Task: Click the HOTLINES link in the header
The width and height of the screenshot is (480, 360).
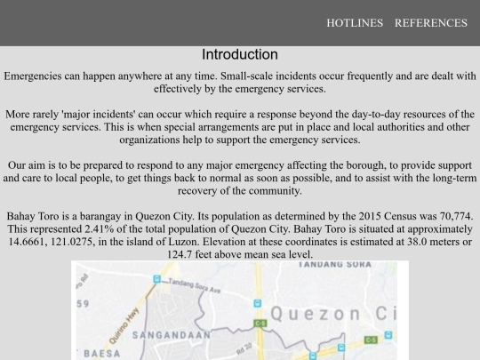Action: click(x=355, y=23)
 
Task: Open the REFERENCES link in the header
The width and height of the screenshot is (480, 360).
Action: click(x=430, y=23)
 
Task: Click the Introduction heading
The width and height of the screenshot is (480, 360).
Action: click(x=240, y=54)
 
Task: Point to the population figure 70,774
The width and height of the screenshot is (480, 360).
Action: click(x=452, y=216)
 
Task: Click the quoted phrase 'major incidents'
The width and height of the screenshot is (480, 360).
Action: click(x=91, y=115)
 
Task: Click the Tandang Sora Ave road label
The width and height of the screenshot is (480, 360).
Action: click(x=195, y=285)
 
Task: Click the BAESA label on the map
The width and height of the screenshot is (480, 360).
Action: click(x=102, y=353)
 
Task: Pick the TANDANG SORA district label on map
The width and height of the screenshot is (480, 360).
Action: click(x=335, y=264)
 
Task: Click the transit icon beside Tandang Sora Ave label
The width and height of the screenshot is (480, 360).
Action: click(x=157, y=277)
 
